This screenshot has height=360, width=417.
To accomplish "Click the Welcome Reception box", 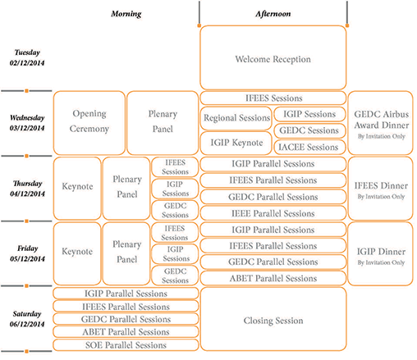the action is [273, 57].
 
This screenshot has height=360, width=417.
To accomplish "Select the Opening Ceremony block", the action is [89, 123].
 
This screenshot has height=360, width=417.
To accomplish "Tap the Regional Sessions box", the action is [236, 118].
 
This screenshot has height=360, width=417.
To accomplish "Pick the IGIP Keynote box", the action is [236, 143].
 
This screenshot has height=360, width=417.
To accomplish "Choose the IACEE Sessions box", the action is [309, 148].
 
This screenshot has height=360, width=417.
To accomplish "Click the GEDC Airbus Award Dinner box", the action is [380, 123].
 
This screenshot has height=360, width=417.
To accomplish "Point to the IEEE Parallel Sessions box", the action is [273, 213].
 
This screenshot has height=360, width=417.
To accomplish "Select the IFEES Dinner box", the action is [380, 189].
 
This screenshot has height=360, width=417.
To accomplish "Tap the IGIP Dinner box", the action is [380, 253].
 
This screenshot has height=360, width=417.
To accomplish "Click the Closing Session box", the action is [273, 319].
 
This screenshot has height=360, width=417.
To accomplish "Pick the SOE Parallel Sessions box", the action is [126, 345].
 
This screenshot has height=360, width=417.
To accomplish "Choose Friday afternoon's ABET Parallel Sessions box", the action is [273, 278].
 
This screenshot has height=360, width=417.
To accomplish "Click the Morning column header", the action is [126, 14].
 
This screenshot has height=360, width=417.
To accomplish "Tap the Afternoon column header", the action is [273, 14].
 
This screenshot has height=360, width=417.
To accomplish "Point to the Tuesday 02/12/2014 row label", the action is [27, 57].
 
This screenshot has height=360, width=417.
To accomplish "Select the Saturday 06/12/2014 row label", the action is [27, 319].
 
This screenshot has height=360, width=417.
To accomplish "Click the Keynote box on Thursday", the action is [77, 189].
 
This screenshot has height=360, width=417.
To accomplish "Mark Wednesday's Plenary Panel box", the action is [163, 123].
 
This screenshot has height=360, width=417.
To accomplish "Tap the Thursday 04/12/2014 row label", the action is [27, 189].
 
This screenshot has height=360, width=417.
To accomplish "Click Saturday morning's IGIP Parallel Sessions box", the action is [126, 294].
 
